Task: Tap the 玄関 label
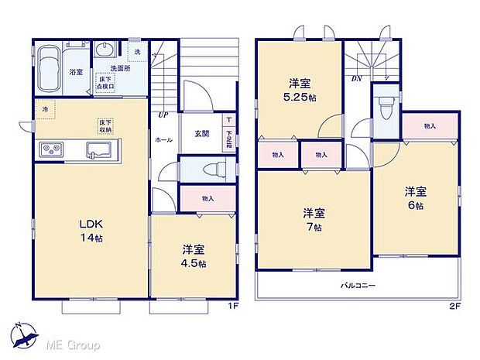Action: [201, 133]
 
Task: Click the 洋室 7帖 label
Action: [314, 219]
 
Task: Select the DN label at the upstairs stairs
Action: [356, 78]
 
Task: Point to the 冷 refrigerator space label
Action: [46, 109]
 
